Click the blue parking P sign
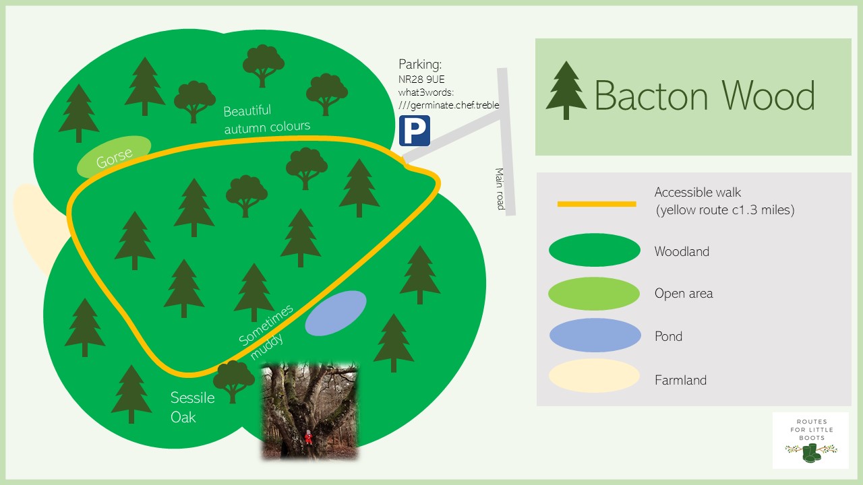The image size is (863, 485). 414,131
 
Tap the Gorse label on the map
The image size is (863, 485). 113,158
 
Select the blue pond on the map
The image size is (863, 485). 336,313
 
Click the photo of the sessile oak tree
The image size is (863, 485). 309,411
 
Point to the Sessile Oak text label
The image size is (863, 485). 192,407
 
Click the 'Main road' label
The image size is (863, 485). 500,189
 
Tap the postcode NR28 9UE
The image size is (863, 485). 421,79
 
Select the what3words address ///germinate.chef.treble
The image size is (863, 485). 448,105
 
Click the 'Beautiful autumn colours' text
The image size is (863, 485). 266,119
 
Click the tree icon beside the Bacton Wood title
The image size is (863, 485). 566,90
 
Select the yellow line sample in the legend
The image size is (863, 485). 596,203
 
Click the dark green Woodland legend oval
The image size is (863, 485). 594,251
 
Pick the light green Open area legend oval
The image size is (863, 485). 594,294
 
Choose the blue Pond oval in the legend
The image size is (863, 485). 594,336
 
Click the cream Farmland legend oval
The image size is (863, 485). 594,377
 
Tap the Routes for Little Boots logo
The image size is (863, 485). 810,440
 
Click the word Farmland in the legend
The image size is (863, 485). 680,380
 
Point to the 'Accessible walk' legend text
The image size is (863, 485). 698,193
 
